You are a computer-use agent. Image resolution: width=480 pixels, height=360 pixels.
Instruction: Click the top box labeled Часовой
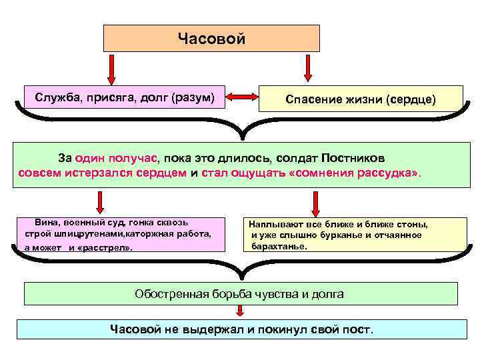(x=211, y=39)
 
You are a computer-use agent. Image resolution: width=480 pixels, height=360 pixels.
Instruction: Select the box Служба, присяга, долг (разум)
(x=124, y=98)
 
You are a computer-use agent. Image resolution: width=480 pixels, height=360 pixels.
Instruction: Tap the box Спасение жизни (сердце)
(x=360, y=99)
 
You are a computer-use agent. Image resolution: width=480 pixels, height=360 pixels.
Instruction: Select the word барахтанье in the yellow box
(x=279, y=246)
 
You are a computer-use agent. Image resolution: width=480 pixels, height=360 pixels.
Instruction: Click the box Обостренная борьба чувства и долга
(x=240, y=293)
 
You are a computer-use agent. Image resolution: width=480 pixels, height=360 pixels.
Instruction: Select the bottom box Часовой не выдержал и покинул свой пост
(x=241, y=329)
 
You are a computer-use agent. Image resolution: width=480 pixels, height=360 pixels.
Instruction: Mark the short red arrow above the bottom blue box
(x=243, y=312)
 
